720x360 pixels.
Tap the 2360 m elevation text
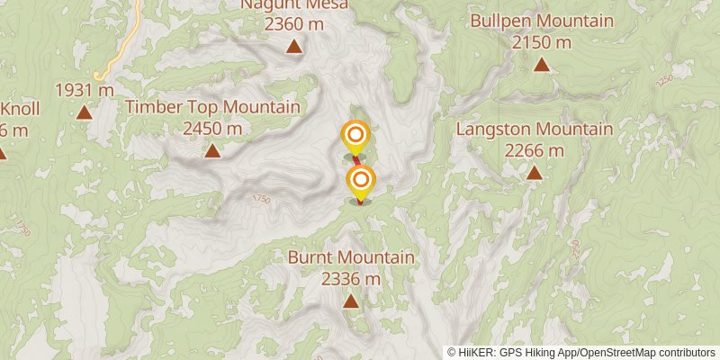pos(293,24)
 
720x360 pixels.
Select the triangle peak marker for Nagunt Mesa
pos(293,46)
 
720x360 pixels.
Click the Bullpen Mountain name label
pos(542,22)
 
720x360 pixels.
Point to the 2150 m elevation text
pos(542,41)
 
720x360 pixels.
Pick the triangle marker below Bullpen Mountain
pos(542,64)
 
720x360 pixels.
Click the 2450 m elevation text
pos(212,128)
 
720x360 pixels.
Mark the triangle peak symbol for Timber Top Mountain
pos(212,150)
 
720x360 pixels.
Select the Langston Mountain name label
pos(535,130)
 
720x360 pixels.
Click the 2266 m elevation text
pos(535,149)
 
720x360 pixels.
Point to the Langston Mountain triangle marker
pos(535,172)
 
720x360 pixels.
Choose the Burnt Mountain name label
pos(351,258)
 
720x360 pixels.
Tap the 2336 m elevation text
pos(351,278)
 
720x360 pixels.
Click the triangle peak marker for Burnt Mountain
pos(350,301)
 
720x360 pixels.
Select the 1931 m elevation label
pos(84,90)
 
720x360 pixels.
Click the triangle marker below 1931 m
pos(84,112)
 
